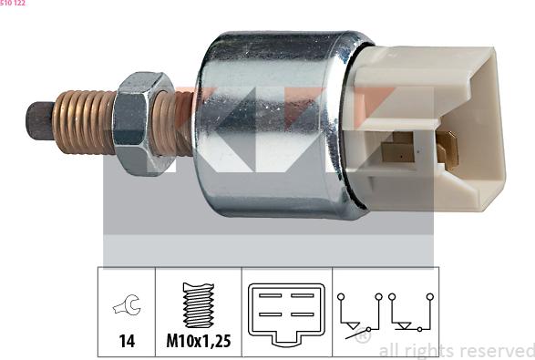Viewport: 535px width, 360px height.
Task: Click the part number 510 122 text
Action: coord(13,3)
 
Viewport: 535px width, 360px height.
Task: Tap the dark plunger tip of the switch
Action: coord(39,121)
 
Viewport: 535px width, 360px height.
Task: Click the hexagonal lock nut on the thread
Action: coord(143,124)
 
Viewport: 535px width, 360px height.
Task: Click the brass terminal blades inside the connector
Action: coord(419,149)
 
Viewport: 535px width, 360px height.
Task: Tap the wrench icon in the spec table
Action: coord(127,304)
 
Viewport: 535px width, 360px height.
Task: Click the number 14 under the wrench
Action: coord(127,341)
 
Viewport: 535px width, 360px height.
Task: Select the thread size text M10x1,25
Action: coord(199,341)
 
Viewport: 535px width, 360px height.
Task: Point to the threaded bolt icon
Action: coord(199,304)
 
